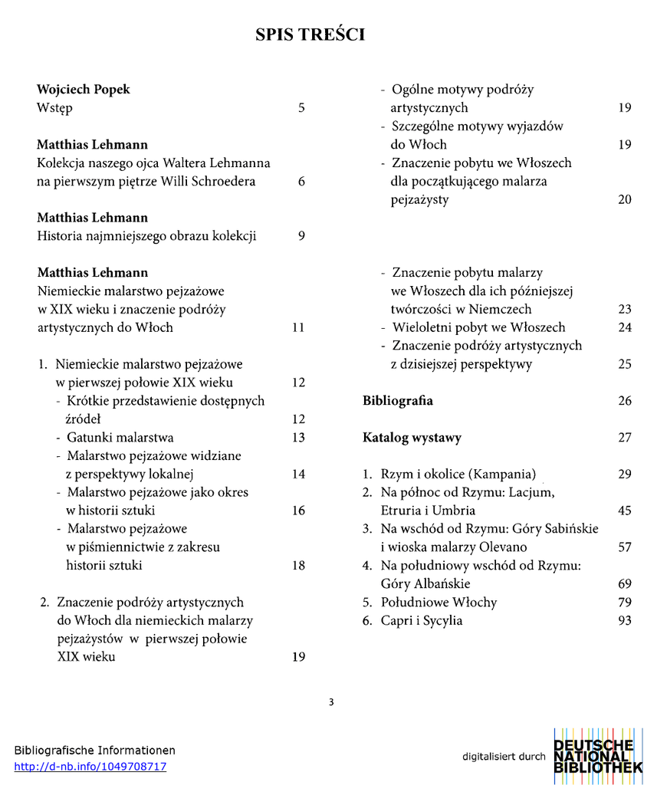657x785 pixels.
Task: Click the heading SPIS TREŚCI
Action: pyautogui.click(x=310, y=34)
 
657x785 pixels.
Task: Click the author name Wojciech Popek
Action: pyautogui.click(x=84, y=90)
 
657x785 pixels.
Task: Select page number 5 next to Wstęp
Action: pyautogui.click(x=301, y=108)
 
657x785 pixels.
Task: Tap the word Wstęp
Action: pyautogui.click(x=54, y=108)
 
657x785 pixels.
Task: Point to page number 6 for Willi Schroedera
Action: pyautogui.click(x=301, y=182)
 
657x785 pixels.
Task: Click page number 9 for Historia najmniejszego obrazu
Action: pyautogui.click(x=301, y=236)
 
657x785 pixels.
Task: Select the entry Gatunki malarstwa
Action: pyautogui.click(x=120, y=438)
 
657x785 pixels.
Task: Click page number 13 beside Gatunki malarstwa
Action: pyautogui.click(x=299, y=438)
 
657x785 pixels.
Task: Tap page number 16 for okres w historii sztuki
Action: pyautogui.click(x=299, y=511)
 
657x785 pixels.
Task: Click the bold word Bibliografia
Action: pyautogui.click(x=397, y=401)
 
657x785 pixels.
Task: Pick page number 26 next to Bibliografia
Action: pyautogui.click(x=625, y=401)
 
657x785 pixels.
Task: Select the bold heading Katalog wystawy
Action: pyautogui.click(x=412, y=438)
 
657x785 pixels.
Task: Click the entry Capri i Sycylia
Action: pyautogui.click(x=421, y=621)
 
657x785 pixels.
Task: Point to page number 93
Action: pyautogui.click(x=625, y=621)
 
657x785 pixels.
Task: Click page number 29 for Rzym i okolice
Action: pyautogui.click(x=625, y=474)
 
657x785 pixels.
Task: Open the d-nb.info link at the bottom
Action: pyautogui.click(x=90, y=767)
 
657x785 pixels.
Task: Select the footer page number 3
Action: pyautogui.click(x=331, y=701)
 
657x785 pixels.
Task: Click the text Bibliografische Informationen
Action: pyautogui.click(x=94, y=751)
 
